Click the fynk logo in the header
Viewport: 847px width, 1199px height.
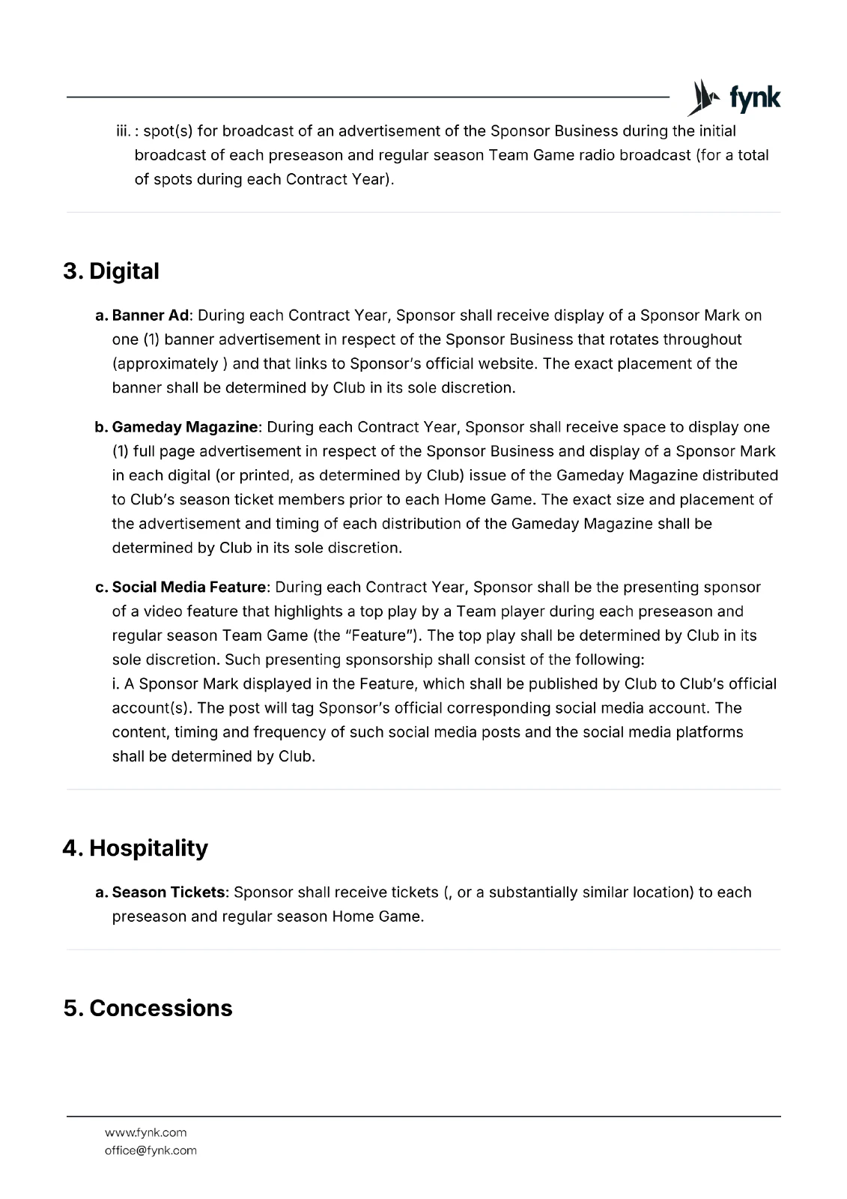734,98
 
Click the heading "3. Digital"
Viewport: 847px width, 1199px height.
111,271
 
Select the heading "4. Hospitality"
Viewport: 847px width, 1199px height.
135,848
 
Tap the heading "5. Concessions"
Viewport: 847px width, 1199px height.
148,1008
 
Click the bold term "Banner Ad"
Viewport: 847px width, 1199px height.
151,315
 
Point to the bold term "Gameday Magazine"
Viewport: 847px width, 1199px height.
185,427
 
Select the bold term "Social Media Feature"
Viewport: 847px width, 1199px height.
189,587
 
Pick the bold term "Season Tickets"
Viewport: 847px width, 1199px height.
169,893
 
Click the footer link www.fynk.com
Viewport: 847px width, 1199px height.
145,1132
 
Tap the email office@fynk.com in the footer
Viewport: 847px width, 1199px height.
151,1150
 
